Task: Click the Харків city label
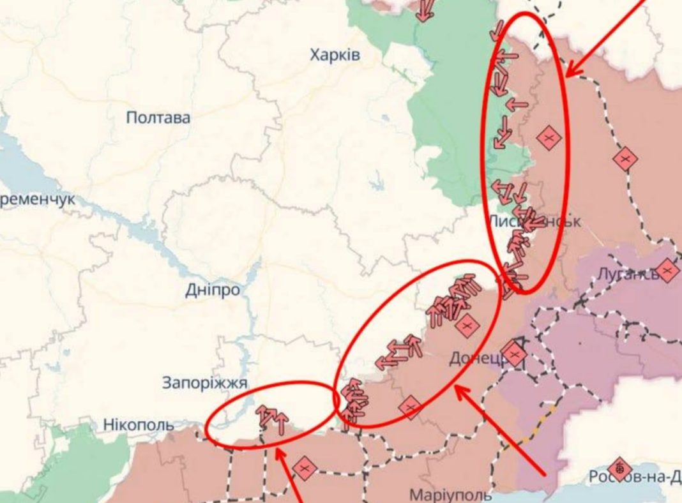335,55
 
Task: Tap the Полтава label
158,117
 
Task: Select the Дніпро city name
213,290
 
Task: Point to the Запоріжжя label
204,383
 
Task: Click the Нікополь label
138,424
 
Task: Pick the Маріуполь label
450,495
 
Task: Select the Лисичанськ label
534,221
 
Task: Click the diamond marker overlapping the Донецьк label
514,354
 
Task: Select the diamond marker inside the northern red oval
548,138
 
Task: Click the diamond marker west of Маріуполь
305,469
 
